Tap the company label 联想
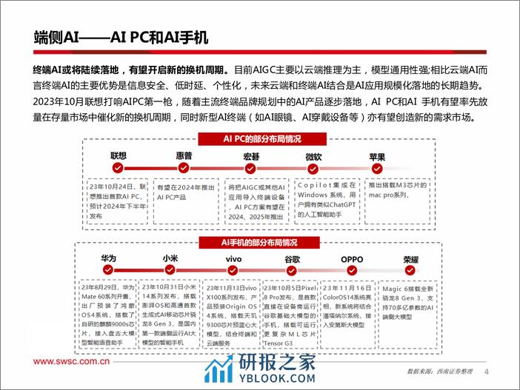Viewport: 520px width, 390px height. tap(119, 156)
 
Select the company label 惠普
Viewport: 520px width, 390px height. tap(184, 156)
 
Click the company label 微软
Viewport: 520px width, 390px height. tap(314, 157)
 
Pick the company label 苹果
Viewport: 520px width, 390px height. tap(377, 157)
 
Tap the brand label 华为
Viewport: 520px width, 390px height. tap(109, 258)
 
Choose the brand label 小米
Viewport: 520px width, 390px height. tap(170, 259)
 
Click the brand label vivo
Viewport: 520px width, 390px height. tap(233, 259)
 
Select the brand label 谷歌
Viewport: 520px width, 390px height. tap(293, 259)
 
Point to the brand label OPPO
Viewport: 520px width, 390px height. tap(351, 259)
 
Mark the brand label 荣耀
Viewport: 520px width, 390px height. tap(411, 259)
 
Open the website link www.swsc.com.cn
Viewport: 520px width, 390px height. tap(71, 363)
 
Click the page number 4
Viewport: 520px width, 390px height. tap(486, 371)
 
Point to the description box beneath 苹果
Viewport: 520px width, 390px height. tap(397, 196)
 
